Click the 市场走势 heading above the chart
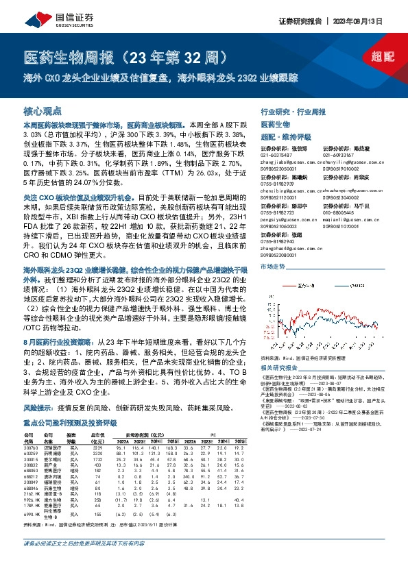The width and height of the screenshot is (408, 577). (x=273, y=265)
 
